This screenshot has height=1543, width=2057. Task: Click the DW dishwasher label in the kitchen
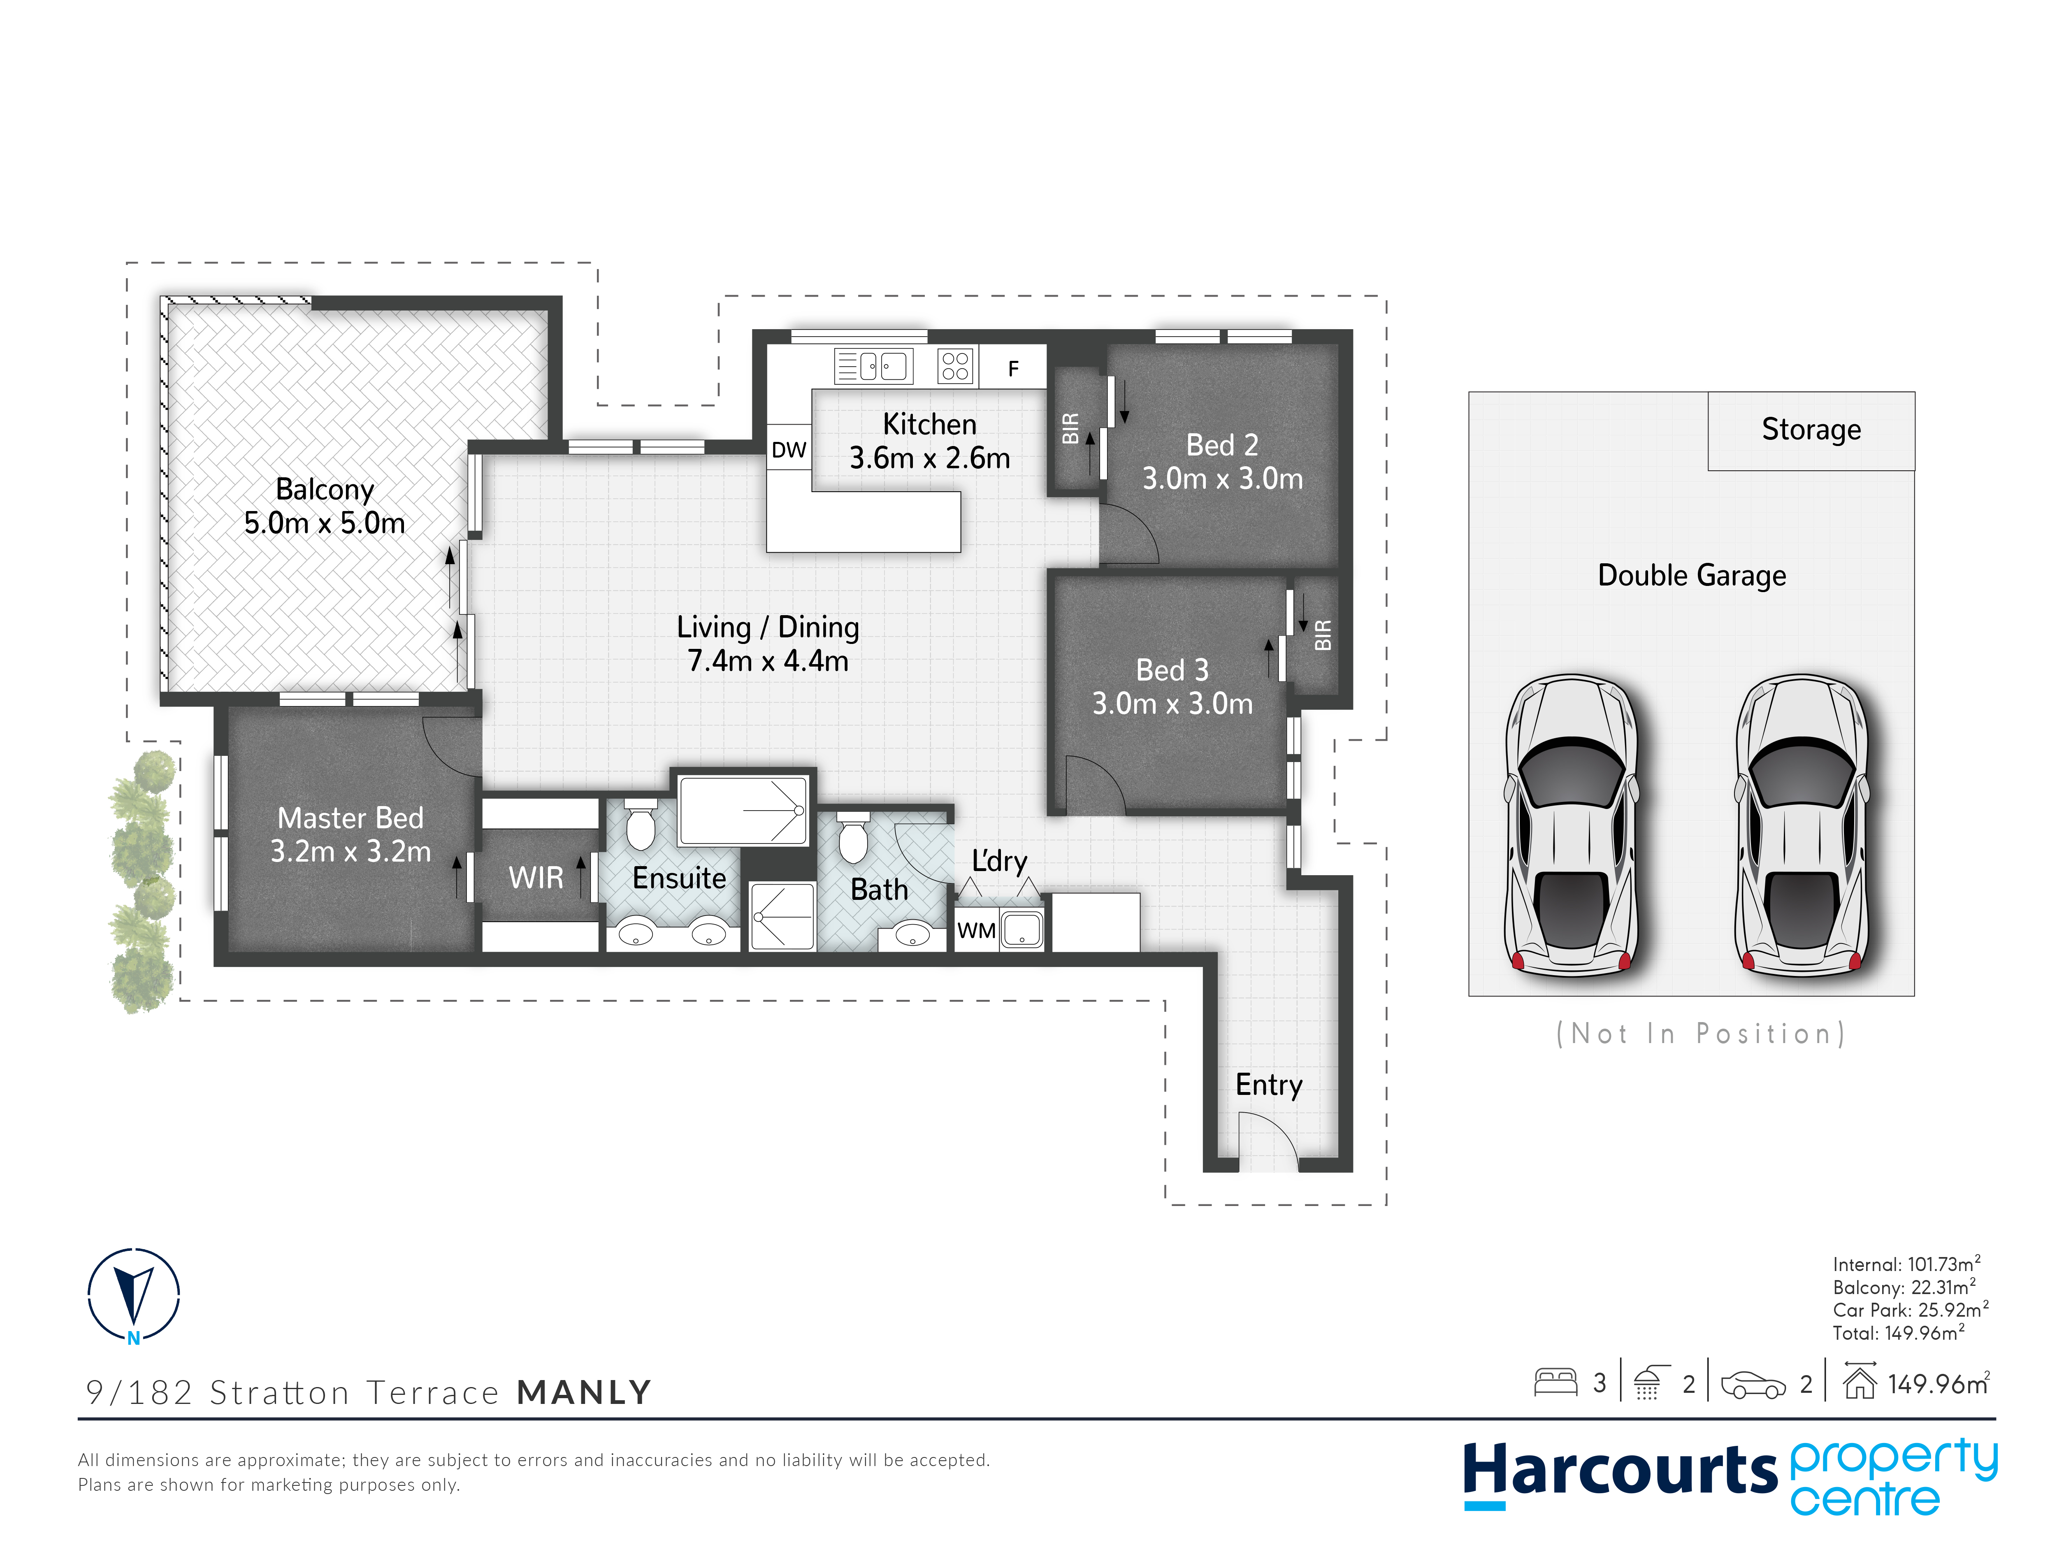click(789, 450)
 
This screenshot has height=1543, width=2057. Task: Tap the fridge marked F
click(1014, 368)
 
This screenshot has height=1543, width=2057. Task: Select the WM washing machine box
click(976, 930)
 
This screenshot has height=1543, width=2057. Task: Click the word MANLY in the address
click(584, 1392)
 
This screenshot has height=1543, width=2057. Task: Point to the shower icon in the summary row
click(1648, 1383)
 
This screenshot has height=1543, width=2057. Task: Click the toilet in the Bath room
click(853, 837)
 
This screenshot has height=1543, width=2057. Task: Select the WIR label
click(536, 877)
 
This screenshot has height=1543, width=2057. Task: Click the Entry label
click(1268, 1085)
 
